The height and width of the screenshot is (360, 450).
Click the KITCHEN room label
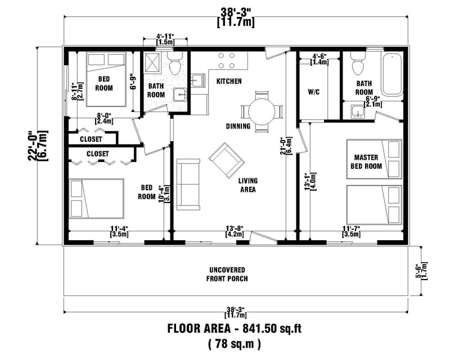tap(229, 82)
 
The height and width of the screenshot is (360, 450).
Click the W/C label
tap(314, 92)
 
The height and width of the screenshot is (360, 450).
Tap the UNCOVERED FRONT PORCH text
tap(227, 274)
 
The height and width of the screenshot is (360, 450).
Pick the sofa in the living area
tap(188, 183)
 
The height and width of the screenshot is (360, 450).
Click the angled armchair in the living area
tap(226, 160)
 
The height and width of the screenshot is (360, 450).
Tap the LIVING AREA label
tap(247, 185)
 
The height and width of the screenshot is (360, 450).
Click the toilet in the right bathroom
tap(357, 64)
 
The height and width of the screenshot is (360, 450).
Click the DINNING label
tap(238, 126)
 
